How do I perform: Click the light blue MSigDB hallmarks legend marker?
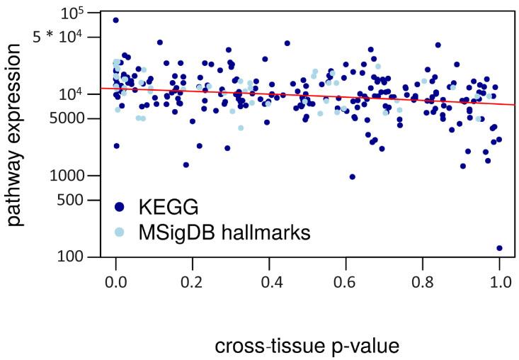pos(120,232)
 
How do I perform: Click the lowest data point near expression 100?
pos(499,248)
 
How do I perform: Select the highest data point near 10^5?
pos(115,20)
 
